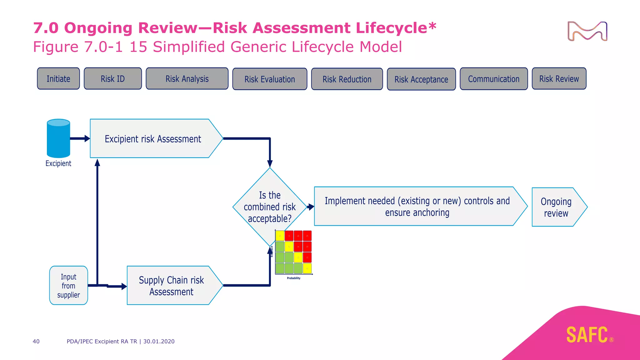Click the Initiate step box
tap(58, 79)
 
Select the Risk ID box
tap(112, 79)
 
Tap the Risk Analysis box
tap(187, 79)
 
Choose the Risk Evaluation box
tap(270, 79)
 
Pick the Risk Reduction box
tap(347, 79)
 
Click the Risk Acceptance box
tap(421, 79)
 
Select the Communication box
tap(494, 79)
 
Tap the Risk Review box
tap(559, 79)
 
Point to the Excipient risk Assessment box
tap(153, 139)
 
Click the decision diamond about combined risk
tap(270, 207)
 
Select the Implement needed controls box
tap(417, 207)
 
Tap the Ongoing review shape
tap(556, 207)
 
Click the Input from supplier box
tap(68, 286)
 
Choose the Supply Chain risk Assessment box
tap(171, 286)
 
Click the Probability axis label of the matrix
tap(293, 278)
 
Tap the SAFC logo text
tap(587, 335)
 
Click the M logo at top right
tap(587, 31)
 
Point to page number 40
tap(36, 341)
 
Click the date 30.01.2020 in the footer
tap(159, 341)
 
